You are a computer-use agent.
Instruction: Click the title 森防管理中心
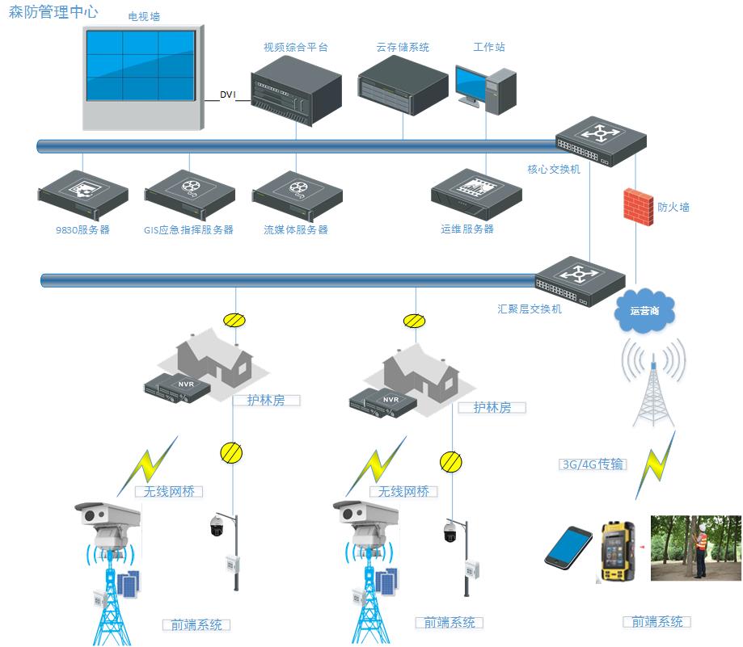53,14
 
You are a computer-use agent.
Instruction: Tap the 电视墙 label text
144,17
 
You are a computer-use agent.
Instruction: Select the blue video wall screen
140,65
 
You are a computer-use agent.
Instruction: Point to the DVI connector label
228,95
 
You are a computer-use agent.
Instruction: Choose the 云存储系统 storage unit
403,84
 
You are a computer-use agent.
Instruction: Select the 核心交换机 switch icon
601,141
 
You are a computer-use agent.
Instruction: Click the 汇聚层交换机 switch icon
580,280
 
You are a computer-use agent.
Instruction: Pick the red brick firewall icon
638,207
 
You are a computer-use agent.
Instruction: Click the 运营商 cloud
645,310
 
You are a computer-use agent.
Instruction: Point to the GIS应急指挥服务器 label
188,230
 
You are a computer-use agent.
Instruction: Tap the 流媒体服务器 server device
298,195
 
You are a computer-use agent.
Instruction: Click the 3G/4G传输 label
593,464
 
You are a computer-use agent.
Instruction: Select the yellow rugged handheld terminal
618,551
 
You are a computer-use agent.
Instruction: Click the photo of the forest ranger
695,548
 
